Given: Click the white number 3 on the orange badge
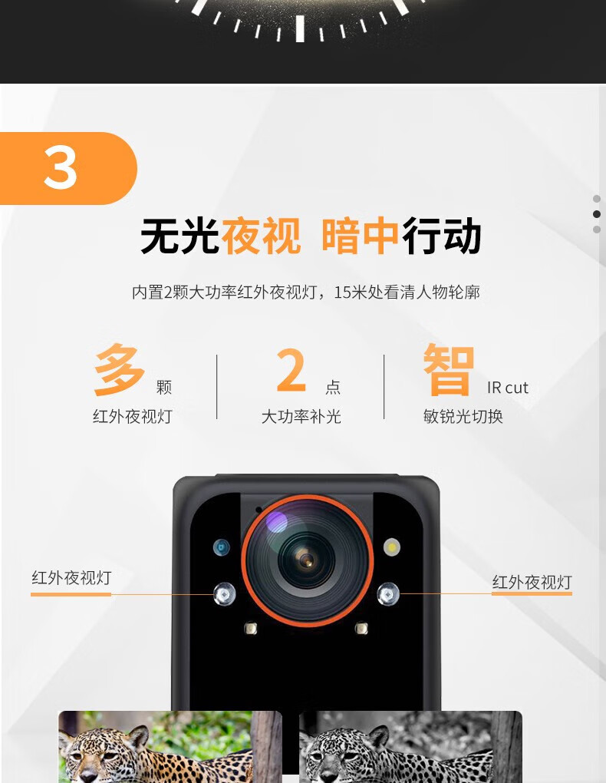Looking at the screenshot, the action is point(61,168).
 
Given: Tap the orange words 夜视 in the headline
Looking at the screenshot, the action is point(261,236).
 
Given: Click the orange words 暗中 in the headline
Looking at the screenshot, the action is point(361,236).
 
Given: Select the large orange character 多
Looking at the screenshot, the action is point(120,369).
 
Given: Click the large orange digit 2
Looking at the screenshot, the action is point(291,370).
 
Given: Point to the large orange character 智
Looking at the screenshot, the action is point(448,369).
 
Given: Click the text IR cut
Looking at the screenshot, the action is point(508,388).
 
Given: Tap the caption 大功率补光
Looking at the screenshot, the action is point(301,417).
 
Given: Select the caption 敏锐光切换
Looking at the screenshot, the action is point(463,417).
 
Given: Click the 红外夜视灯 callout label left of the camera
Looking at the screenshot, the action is point(71,578).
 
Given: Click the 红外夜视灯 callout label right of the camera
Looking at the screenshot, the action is point(532,582).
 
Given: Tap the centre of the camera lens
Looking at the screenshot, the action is point(307,560).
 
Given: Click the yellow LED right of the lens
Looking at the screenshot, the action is point(392,547).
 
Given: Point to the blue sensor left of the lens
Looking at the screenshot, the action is point(222,547).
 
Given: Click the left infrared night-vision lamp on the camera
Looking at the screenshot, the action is point(224,593).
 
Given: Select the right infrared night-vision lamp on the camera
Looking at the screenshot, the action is point(388,593).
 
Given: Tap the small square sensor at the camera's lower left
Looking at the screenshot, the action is point(251,628).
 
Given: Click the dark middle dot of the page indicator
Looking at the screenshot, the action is point(597,214).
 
